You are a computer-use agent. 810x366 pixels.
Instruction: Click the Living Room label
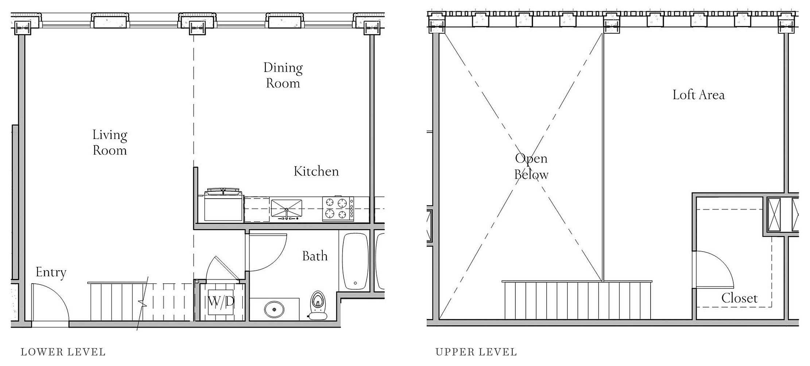click(109, 143)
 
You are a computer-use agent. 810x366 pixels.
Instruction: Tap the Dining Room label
click(283, 75)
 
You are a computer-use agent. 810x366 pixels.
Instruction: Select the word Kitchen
click(316, 171)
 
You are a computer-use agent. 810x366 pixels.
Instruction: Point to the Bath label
click(315, 256)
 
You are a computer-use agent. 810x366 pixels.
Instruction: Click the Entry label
click(51, 272)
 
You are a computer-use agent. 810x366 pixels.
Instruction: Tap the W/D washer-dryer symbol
click(221, 302)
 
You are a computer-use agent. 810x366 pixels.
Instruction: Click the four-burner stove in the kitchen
click(338, 209)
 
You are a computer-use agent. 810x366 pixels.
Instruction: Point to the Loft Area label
click(699, 95)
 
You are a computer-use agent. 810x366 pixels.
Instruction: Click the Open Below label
click(531, 167)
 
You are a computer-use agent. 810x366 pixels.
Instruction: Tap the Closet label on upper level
click(739, 298)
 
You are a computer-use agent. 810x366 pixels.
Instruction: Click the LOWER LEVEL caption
click(63, 352)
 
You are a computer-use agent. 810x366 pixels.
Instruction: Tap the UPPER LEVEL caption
click(476, 352)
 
